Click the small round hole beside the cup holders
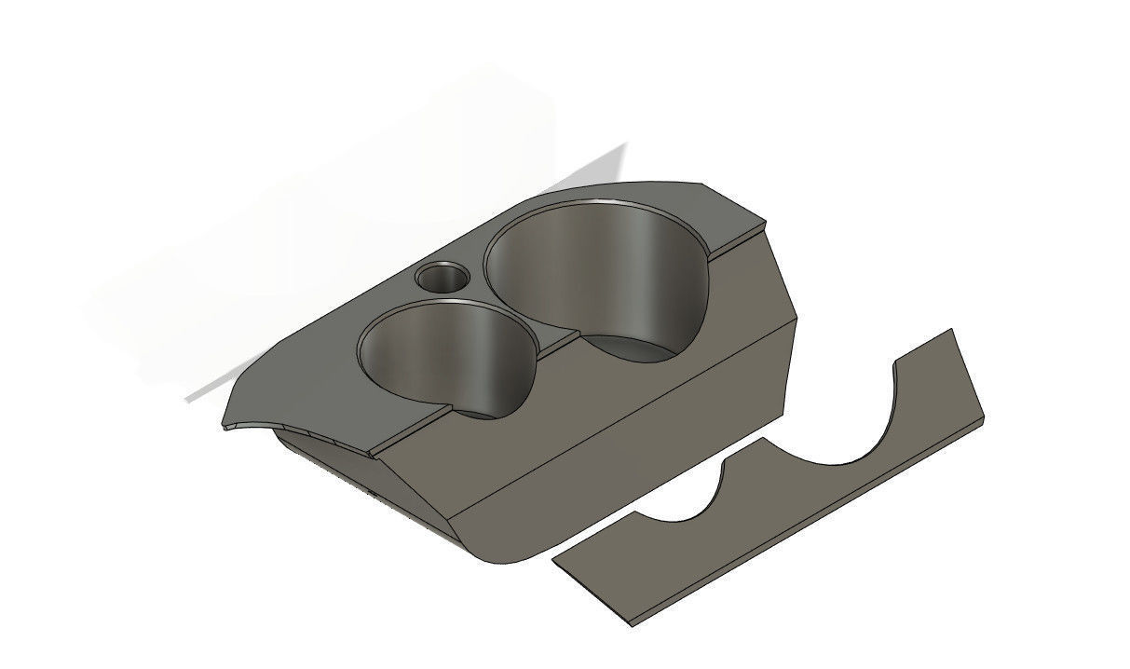point(442,277)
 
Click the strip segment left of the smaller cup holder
point(410,431)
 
